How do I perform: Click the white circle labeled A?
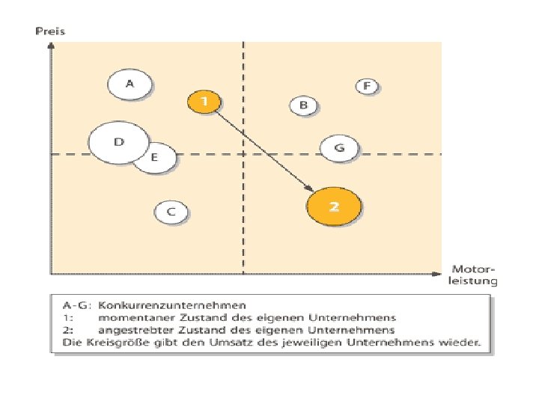(130, 85)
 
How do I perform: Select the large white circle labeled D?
(118, 142)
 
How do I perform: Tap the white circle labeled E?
(156, 158)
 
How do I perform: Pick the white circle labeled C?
(171, 212)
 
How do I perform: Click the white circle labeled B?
(304, 106)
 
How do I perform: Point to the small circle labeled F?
(367, 87)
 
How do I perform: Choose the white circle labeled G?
(340, 149)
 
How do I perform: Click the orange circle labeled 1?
(204, 100)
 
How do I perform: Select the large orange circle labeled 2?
(334, 206)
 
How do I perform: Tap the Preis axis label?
(50, 31)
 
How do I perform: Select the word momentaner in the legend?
(133, 318)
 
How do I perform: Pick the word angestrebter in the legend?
(134, 330)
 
